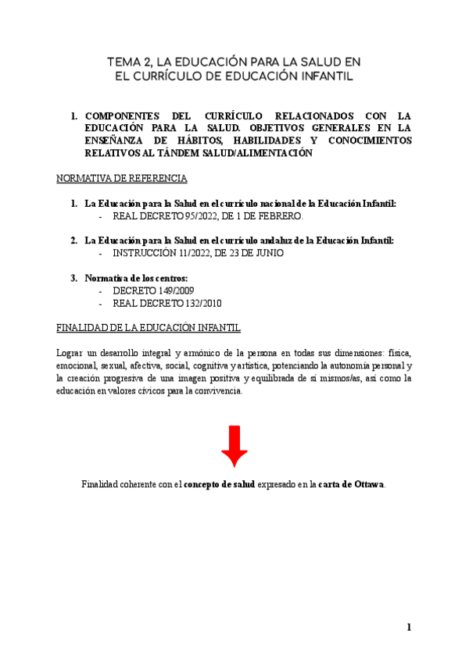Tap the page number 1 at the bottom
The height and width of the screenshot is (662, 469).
coord(409,628)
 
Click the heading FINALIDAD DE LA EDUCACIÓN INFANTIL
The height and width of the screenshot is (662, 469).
coord(149,327)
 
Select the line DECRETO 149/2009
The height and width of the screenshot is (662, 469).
coord(153,290)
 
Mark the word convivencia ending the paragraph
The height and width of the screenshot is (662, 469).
coord(219,391)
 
